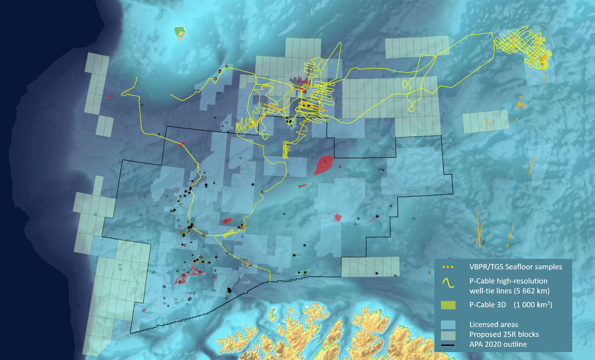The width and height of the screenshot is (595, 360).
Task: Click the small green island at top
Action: click(180, 33)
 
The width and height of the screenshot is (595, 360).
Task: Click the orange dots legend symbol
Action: click(448, 267)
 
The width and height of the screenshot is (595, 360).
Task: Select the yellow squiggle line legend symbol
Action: click(448, 283)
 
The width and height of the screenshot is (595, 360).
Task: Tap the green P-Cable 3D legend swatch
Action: click(448, 305)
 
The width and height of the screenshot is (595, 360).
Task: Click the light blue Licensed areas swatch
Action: click(448, 324)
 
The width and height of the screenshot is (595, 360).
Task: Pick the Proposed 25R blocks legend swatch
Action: click(448, 335)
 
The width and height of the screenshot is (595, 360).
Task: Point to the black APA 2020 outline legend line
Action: click(448, 345)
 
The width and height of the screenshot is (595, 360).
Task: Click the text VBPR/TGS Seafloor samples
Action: click(516, 267)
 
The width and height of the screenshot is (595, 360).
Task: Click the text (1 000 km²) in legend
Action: click(533, 305)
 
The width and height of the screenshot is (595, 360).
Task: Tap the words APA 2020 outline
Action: click(498, 344)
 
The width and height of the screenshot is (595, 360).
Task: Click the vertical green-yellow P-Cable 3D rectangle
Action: click(286, 149)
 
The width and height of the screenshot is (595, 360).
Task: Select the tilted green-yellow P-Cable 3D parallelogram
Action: click(229, 234)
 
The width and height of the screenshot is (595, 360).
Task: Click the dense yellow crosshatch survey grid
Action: click(523, 46)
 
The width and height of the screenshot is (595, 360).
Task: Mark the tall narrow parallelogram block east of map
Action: click(540, 164)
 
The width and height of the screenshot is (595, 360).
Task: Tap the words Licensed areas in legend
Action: click(493, 324)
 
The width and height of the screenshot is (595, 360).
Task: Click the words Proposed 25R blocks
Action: click(504, 334)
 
